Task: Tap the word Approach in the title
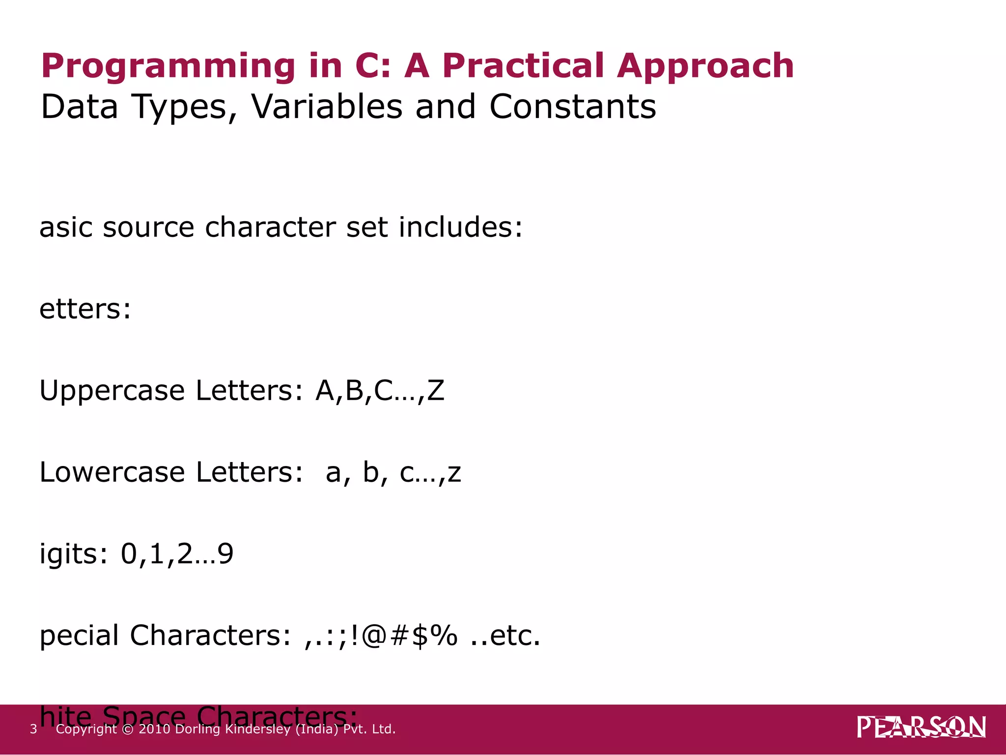point(705,67)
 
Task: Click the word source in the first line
point(148,228)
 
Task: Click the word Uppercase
point(112,391)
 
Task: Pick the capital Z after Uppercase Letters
point(436,391)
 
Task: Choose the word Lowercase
point(112,472)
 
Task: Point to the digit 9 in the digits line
point(225,554)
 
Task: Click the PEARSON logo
point(921,727)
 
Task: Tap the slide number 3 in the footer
point(33,729)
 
